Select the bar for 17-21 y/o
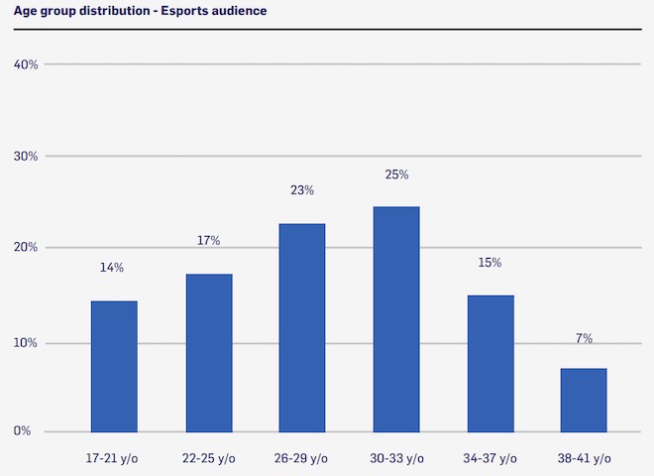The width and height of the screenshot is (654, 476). (x=114, y=366)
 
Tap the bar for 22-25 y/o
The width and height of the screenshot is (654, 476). (x=208, y=352)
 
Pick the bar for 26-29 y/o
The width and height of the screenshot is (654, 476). (x=302, y=327)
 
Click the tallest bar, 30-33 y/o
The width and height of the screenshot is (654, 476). (x=396, y=318)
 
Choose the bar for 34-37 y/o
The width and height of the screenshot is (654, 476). (x=490, y=363)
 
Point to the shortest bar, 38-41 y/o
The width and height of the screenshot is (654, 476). (x=584, y=400)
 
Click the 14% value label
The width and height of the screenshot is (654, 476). (x=112, y=268)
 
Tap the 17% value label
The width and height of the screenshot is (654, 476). (x=208, y=240)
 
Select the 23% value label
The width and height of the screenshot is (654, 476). (x=302, y=190)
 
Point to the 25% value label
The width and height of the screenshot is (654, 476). (x=396, y=175)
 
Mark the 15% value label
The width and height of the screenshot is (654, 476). (x=490, y=263)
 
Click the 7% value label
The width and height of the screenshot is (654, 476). (x=584, y=338)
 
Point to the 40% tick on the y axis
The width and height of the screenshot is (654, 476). (x=26, y=64)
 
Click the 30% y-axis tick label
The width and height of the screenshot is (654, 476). (x=26, y=156)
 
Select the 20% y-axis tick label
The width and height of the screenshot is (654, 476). (x=26, y=247)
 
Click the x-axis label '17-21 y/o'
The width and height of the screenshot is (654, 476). (x=113, y=458)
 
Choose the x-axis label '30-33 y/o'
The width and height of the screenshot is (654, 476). (x=396, y=458)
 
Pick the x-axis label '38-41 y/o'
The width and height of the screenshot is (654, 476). (x=584, y=458)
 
